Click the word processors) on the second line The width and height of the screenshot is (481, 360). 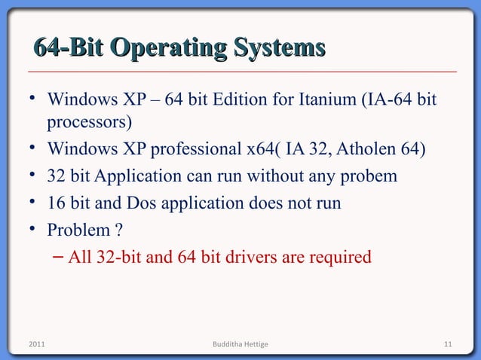click(90, 121)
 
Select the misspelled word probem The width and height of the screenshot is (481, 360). click(370, 177)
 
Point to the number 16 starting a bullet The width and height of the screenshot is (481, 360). click(56, 203)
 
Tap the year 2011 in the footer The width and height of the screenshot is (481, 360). click(35, 345)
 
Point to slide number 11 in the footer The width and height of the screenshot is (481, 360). click(447, 345)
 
